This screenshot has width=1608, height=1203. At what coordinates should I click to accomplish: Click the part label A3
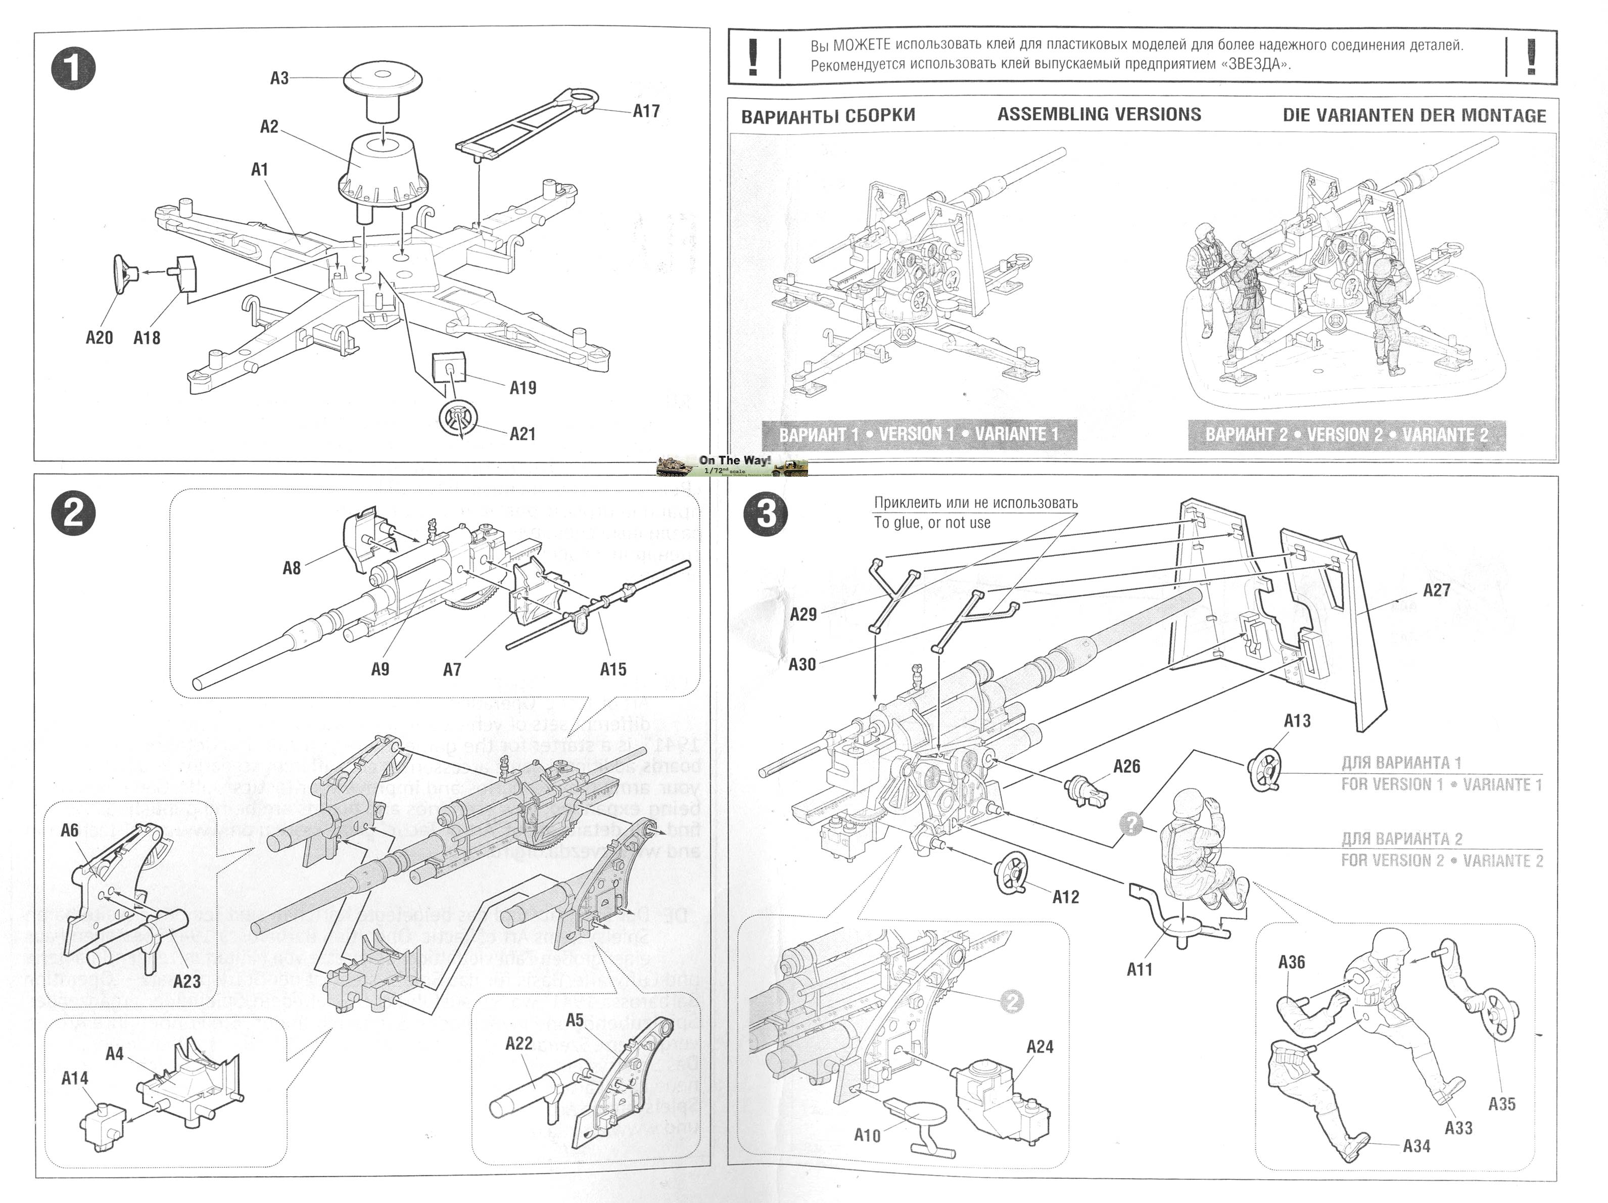pyautogui.click(x=279, y=78)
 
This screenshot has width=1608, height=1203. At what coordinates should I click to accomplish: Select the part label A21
pyautogui.click(x=522, y=434)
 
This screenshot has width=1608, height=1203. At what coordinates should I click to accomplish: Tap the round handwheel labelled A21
pyautogui.click(x=458, y=418)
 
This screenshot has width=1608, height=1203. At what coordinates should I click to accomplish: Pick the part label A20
pyautogui.click(x=100, y=338)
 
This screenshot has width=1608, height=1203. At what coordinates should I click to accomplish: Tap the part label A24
pyautogui.click(x=1039, y=1047)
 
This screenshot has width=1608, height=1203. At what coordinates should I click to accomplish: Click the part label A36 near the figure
pyautogui.click(x=1292, y=962)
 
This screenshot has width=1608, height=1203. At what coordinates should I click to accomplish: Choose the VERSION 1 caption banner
pyautogui.click(x=919, y=435)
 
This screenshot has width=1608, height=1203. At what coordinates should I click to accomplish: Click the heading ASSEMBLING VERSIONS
pyautogui.click(x=1099, y=114)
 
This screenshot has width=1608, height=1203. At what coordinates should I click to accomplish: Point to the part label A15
pyautogui.click(x=613, y=669)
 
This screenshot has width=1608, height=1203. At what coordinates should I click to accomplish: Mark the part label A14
pyautogui.click(x=75, y=1079)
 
